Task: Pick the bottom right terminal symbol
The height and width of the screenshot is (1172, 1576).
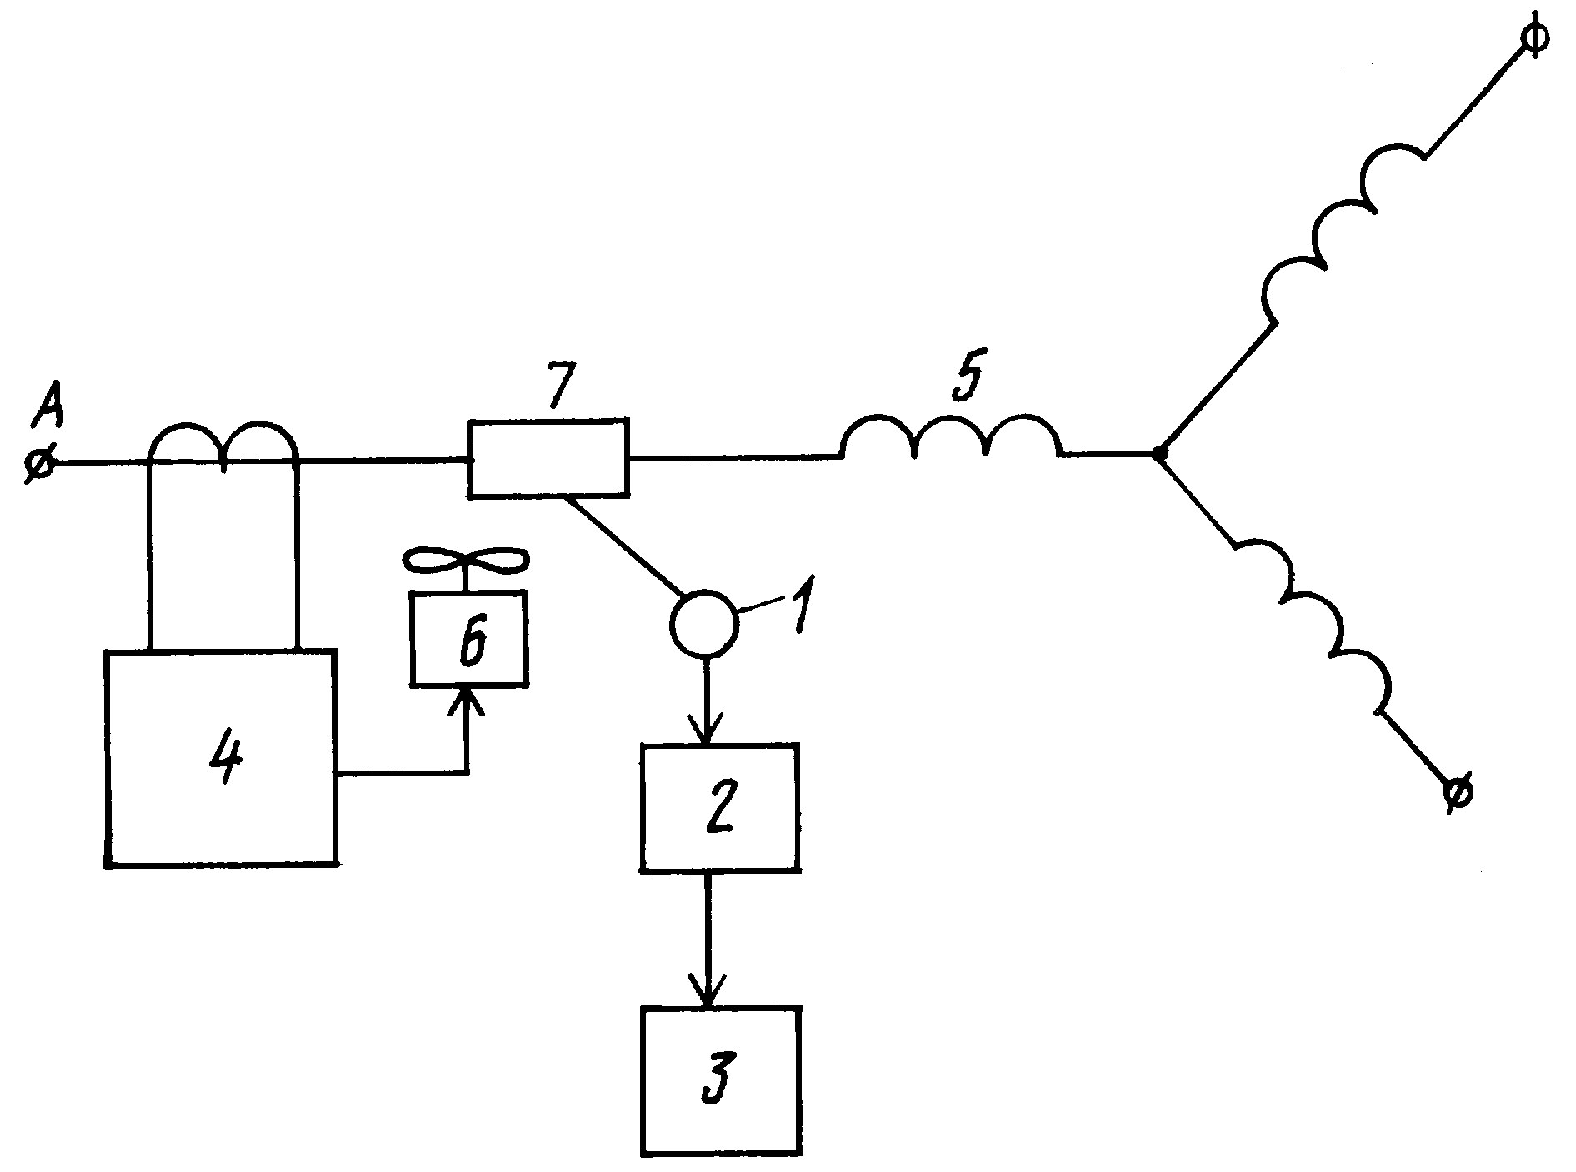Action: [x=1458, y=791]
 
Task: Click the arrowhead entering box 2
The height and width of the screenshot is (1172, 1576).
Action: [x=707, y=730]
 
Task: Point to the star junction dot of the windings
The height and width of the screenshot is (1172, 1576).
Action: [x=1158, y=454]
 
